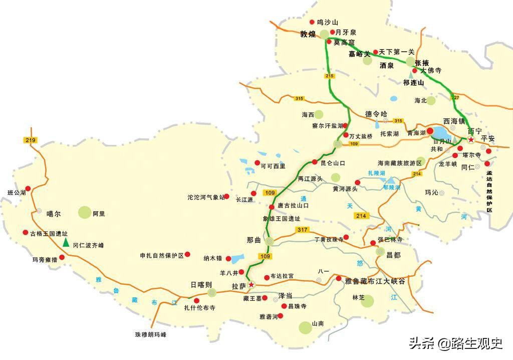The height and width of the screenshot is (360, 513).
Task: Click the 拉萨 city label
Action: tap(238, 286)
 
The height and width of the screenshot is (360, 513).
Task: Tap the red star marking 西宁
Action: tap(471, 139)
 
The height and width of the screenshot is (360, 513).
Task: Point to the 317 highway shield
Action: tap(302, 230)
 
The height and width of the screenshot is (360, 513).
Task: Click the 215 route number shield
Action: tap(329, 76)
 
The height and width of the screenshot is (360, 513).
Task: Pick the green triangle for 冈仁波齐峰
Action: tap(66, 243)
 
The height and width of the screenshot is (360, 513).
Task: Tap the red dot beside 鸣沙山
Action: tap(312, 22)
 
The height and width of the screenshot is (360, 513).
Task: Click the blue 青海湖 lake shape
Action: tap(441, 132)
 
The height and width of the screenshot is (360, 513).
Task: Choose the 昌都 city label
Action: tap(394, 255)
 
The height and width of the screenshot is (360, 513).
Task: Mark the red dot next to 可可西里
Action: tap(257, 163)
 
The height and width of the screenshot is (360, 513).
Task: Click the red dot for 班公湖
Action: tap(28, 189)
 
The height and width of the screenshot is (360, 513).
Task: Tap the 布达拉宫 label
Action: tap(282, 276)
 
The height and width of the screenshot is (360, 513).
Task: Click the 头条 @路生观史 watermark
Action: tap(455, 343)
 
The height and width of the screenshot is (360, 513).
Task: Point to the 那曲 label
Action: tap(254, 241)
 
